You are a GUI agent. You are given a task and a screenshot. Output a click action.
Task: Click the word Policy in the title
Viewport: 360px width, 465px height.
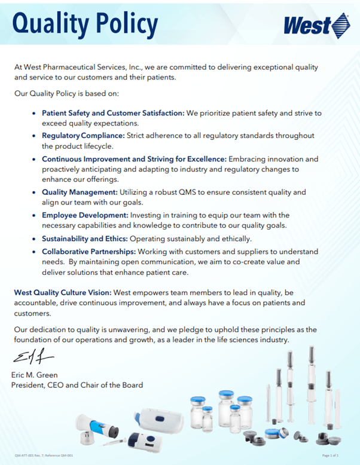click(x=124, y=24)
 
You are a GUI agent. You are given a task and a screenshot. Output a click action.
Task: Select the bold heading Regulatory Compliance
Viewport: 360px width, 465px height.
click(x=83, y=136)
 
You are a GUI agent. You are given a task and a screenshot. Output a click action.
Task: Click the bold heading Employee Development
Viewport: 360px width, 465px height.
click(x=84, y=215)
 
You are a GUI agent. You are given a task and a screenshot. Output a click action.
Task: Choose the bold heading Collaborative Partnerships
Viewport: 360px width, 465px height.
click(x=91, y=252)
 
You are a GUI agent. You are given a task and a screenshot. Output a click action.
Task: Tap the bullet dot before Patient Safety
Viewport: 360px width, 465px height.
click(x=33, y=113)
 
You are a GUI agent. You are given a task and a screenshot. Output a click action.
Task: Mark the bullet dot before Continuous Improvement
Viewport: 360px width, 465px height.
click(x=33, y=160)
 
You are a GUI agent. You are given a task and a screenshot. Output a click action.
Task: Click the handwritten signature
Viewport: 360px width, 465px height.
click(x=32, y=358)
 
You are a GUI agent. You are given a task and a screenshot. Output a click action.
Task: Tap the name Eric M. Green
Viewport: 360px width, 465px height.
click(x=35, y=375)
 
